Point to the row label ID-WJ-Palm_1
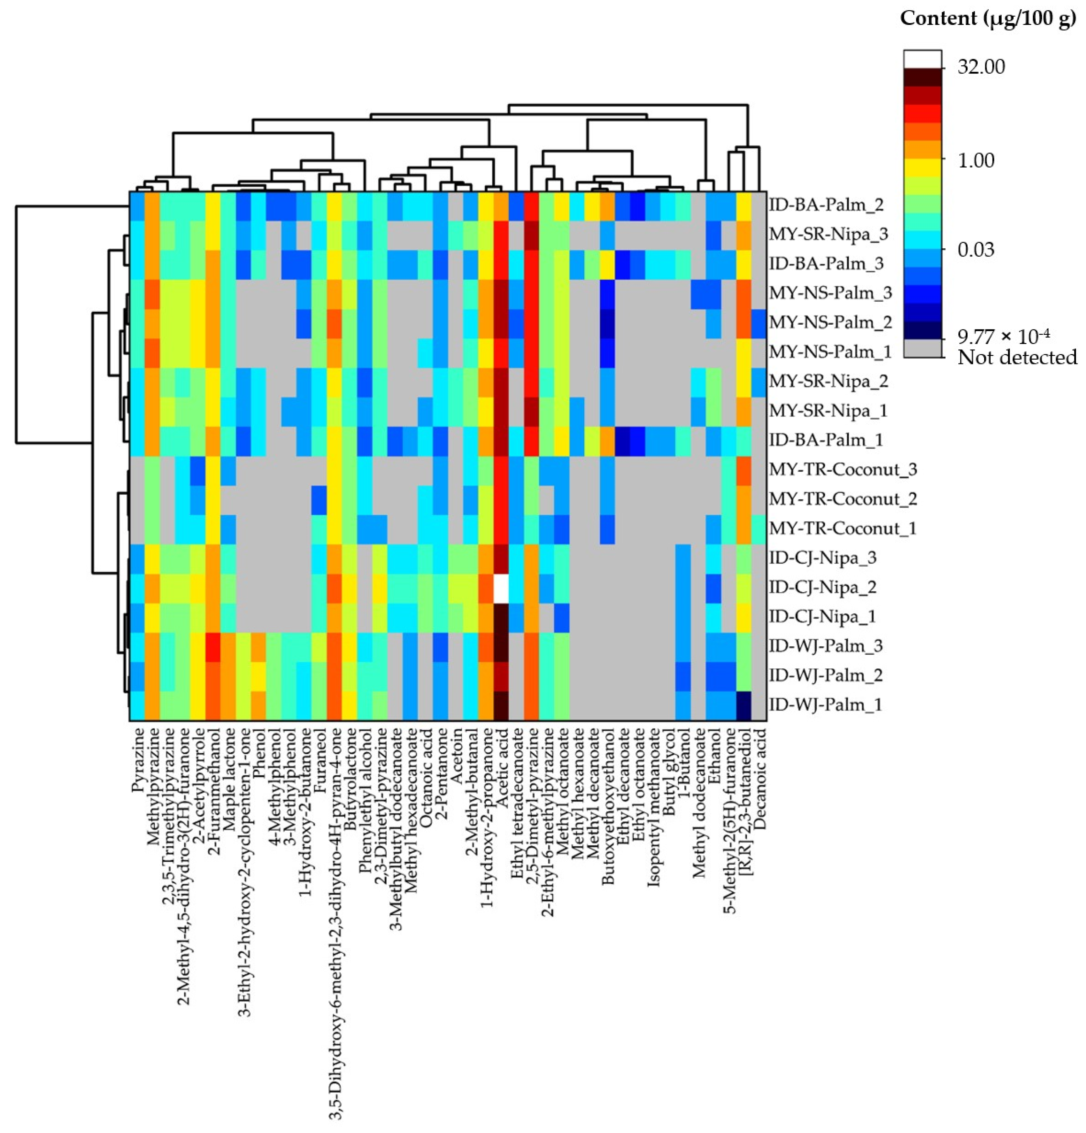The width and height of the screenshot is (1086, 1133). (x=825, y=705)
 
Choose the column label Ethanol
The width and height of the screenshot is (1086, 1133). (x=715, y=751)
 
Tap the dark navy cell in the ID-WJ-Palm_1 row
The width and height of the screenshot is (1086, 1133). (x=744, y=705)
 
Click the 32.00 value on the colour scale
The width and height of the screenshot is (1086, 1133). (x=981, y=67)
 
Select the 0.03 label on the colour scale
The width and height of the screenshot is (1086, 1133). (x=976, y=250)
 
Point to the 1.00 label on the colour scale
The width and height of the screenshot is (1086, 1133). (x=976, y=160)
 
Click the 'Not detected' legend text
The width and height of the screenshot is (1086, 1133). (x=1017, y=357)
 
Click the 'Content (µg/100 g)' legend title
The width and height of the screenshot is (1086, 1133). (x=988, y=19)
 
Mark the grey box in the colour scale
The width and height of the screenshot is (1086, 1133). (x=922, y=348)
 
